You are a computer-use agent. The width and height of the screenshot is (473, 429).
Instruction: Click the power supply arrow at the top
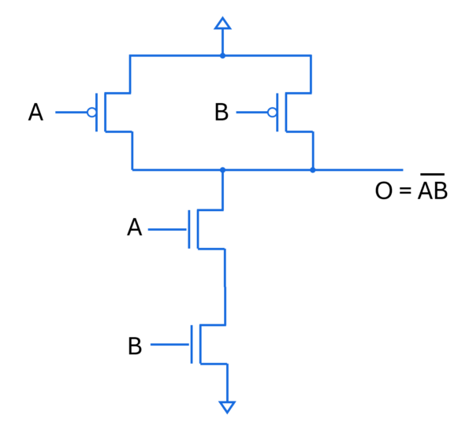[x=222, y=24]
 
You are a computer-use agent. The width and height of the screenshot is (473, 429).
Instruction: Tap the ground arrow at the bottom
[x=227, y=406]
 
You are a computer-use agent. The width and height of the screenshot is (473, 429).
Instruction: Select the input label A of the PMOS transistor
[x=35, y=113]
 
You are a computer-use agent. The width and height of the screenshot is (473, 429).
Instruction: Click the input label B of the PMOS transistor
[x=222, y=113]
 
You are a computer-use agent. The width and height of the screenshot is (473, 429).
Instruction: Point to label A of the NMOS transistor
[x=135, y=228]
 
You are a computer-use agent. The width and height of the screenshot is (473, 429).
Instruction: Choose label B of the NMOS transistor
[x=135, y=346]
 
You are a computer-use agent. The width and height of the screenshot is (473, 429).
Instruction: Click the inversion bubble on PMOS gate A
[x=91, y=113]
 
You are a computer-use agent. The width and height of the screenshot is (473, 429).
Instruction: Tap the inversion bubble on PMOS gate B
[x=272, y=113]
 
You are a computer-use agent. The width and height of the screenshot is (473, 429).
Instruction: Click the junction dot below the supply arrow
[x=222, y=55]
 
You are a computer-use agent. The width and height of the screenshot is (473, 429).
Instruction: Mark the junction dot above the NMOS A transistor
[x=222, y=169]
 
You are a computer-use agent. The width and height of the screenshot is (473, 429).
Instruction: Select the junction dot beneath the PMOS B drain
[x=313, y=169]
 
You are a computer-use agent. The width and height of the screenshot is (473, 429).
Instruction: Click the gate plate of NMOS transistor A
[x=189, y=229]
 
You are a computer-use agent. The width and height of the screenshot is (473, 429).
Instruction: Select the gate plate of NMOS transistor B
[x=192, y=345]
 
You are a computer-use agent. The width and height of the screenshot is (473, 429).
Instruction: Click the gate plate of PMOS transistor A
[x=97, y=113]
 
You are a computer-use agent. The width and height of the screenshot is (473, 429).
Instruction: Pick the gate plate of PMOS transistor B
[x=277, y=113]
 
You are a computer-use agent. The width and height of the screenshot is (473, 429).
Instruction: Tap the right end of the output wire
[x=400, y=169]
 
